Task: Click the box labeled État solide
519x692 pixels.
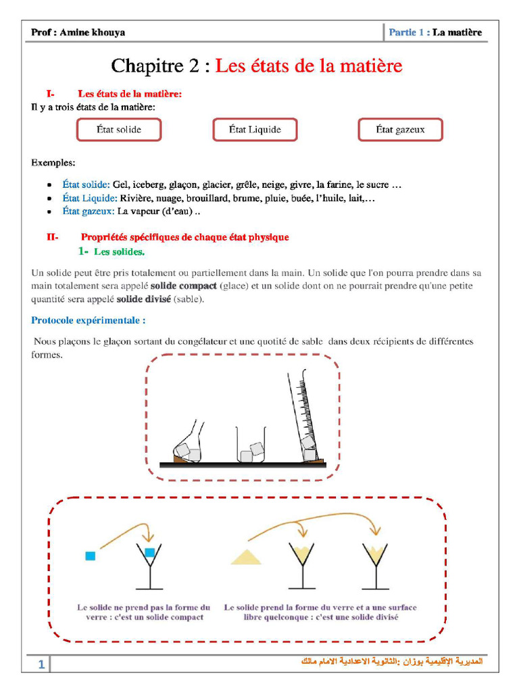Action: point(119,129)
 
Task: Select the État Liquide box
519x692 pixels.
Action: point(255,129)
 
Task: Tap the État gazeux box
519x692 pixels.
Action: point(400,129)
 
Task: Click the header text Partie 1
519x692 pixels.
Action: point(407,32)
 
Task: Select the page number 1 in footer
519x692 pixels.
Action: point(41,665)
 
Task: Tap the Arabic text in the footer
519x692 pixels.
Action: point(391,661)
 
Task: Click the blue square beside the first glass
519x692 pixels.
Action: point(90,555)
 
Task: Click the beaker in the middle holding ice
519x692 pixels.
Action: point(251,447)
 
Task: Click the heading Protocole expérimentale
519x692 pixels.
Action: point(88,320)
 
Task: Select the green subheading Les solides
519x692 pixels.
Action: point(118,252)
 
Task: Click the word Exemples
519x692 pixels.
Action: point(53,163)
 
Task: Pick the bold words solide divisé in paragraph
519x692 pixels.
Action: point(143,299)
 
